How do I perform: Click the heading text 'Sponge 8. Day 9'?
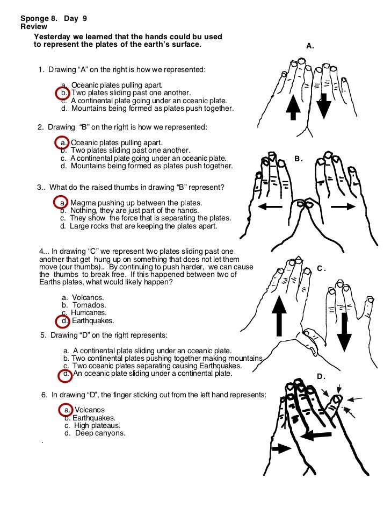pyautogui.click(x=54, y=18)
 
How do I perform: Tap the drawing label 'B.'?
pyautogui.click(x=299, y=159)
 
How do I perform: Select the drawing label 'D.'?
pyautogui.click(x=321, y=376)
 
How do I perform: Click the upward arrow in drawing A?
pyautogui.click(x=293, y=108)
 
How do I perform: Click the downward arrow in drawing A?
pyautogui.click(x=323, y=105)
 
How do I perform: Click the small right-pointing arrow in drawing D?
pyautogui.click(x=281, y=448)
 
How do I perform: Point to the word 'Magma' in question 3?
pyautogui.click(x=83, y=203)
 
